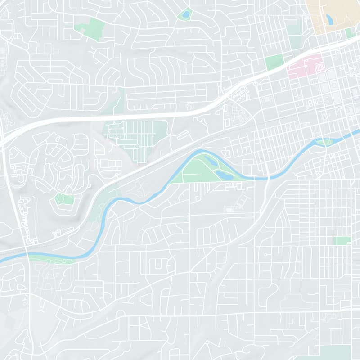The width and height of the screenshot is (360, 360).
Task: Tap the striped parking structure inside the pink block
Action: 319,67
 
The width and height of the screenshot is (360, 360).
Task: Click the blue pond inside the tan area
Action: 329,19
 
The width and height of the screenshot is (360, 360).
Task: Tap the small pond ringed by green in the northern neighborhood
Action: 184,14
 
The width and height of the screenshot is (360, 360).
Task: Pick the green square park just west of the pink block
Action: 274,62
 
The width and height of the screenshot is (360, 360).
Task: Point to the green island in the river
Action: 323,143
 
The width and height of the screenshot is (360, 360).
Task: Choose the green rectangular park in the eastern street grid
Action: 342,241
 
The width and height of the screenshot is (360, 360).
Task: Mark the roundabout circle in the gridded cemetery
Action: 136,146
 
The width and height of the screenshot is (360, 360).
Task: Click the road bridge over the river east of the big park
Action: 267,177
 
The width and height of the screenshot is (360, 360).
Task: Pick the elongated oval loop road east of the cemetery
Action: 183,135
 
